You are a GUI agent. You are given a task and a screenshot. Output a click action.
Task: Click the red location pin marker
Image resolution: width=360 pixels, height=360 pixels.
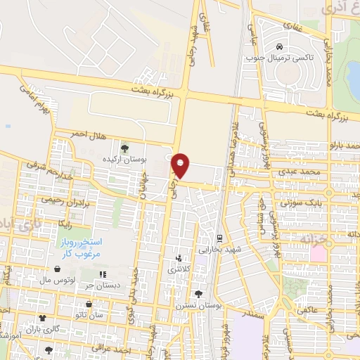point(181,165)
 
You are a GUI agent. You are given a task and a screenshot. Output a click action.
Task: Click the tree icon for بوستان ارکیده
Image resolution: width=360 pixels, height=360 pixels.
point(124,148)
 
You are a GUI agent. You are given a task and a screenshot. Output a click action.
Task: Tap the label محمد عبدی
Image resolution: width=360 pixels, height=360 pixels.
point(312,171)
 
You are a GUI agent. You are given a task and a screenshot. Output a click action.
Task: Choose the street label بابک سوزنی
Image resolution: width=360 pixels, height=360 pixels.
point(300,202)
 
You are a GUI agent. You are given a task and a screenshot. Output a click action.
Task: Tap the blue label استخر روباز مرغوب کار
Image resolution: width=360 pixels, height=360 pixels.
point(80,247)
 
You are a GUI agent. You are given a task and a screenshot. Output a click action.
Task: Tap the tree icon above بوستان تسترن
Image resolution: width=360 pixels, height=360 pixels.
point(198,293)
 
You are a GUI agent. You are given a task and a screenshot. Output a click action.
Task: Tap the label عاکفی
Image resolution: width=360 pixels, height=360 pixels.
point(307,309)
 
